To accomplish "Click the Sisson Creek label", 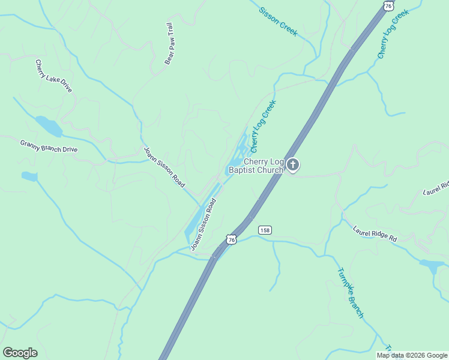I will [278, 22].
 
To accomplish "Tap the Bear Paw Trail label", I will [169, 44].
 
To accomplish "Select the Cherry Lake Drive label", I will [53, 76].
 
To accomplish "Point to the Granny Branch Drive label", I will [49, 146].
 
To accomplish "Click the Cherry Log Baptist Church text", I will [256, 166].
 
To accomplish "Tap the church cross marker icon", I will [292, 164].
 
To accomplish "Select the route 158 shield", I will [265, 230].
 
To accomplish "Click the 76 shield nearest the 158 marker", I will [232, 239].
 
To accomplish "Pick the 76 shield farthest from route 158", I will [389, 5].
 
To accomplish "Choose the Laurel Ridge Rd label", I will [375, 234].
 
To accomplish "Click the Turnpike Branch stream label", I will [351, 293].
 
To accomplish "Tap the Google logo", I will [20, 353].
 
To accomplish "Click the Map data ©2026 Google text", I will [412, 355].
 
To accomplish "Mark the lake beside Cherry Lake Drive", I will [49, 126].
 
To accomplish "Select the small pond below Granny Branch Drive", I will [29, 176].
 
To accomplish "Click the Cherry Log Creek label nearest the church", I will [262, 126].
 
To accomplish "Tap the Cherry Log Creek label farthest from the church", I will [393, 34].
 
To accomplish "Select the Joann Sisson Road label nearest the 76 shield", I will [203, 224].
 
